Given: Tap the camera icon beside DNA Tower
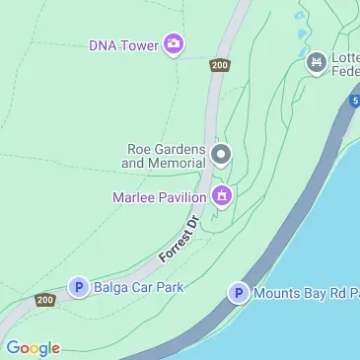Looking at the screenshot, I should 175,42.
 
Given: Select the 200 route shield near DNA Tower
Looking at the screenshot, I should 219,66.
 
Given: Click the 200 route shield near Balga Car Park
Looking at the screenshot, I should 44,300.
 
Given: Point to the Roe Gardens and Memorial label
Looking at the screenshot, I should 166,156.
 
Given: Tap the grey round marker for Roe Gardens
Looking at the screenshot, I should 222,154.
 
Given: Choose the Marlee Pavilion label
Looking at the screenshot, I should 159,197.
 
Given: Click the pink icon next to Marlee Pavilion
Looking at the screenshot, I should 223,196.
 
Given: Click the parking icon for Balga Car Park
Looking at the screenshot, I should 78,287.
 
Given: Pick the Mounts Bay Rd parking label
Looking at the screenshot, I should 306,293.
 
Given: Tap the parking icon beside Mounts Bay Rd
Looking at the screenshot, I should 237,293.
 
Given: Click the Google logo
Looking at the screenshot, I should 33,347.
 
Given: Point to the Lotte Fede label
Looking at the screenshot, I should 344,65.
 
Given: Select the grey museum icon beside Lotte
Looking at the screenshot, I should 316,64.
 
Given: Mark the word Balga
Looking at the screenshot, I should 113,287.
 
